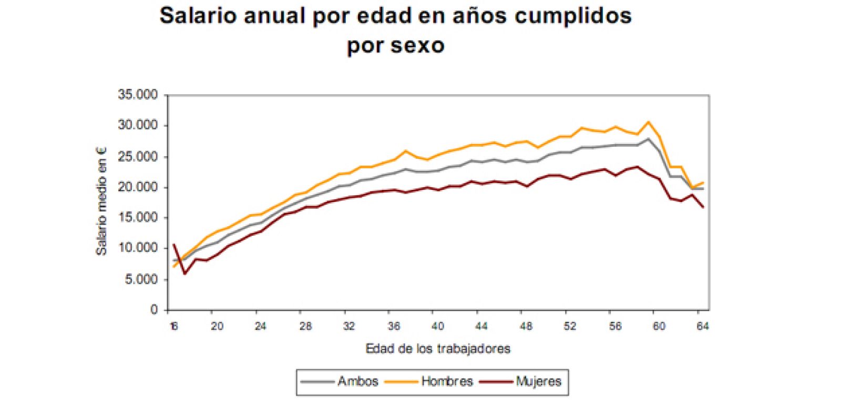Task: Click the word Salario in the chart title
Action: click(x=199, y=16)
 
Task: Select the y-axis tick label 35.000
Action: click(x=138, y=95)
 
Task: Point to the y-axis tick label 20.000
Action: click(x=138, y=187)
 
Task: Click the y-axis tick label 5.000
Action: click(x=141, y=279)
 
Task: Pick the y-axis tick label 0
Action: click(x=154, y=310)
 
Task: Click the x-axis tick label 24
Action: click(x=261, y=327)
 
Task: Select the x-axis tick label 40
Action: click(x=437, y=327)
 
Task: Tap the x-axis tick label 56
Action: click(x=614, y=327)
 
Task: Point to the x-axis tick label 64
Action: click(x=703, y=327)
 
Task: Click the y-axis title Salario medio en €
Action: click(x=101, y=201)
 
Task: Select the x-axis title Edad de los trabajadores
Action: click(x=438, y=349)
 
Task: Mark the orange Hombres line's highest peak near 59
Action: click(x=648, y=122)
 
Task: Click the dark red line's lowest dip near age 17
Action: click(x=184, y=274)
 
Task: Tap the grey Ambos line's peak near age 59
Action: click(x=648, y=139)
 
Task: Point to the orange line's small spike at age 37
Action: click(x=405, y=151)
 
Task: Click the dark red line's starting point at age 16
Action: click(x=173, y=245)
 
